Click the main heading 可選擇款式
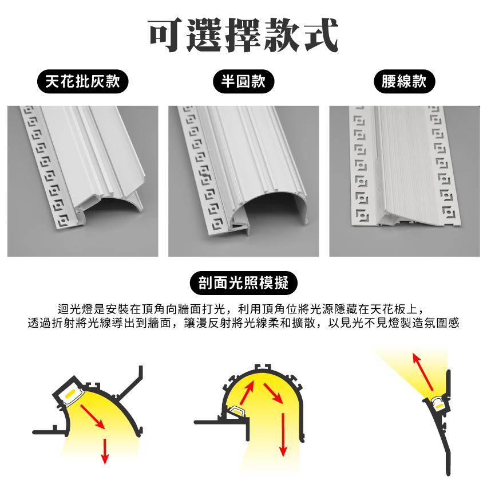tap(243, 35)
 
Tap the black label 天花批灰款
tap(82, 81)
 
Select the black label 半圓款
tap(244, 81)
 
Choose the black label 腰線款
tap(405, 81)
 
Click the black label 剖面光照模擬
tap(244, 283)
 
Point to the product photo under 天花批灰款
tap(82, 181)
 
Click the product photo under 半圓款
tap(244, 181)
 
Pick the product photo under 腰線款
tap(405, 181)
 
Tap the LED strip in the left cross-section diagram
tap(70, 394)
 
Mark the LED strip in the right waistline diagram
tap(439, 406)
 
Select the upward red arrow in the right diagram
tap(422, 372)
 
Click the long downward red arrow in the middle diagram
tap(283, 434)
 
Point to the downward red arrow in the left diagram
tap(105, 451)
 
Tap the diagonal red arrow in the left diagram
tap(92, 417)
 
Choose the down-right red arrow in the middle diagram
tap(274, 394)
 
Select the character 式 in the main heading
tap(321, 35)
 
